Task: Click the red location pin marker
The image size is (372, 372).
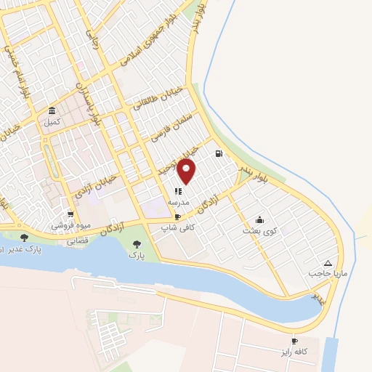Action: click(x=187, y=171)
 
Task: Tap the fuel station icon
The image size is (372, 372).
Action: click(x=218, y=153)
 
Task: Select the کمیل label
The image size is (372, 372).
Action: click(x=52, y=122)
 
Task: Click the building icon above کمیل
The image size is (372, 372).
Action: click(x=52, y=111)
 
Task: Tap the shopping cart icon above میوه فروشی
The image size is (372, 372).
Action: click(x=70, y=214)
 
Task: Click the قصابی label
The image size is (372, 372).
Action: click(x=77, y=239)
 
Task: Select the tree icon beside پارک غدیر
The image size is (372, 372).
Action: click(x=24, y=238)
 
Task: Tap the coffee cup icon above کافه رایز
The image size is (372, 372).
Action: click(x=294, y=341)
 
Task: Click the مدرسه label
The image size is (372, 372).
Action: click(x=179, y=203)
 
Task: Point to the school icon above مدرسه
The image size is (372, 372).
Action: click(x=179, y=192)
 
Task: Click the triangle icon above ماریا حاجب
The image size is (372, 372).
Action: click(x=328, y=262)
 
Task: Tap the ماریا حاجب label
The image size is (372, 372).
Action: click(x=324, y=274)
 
